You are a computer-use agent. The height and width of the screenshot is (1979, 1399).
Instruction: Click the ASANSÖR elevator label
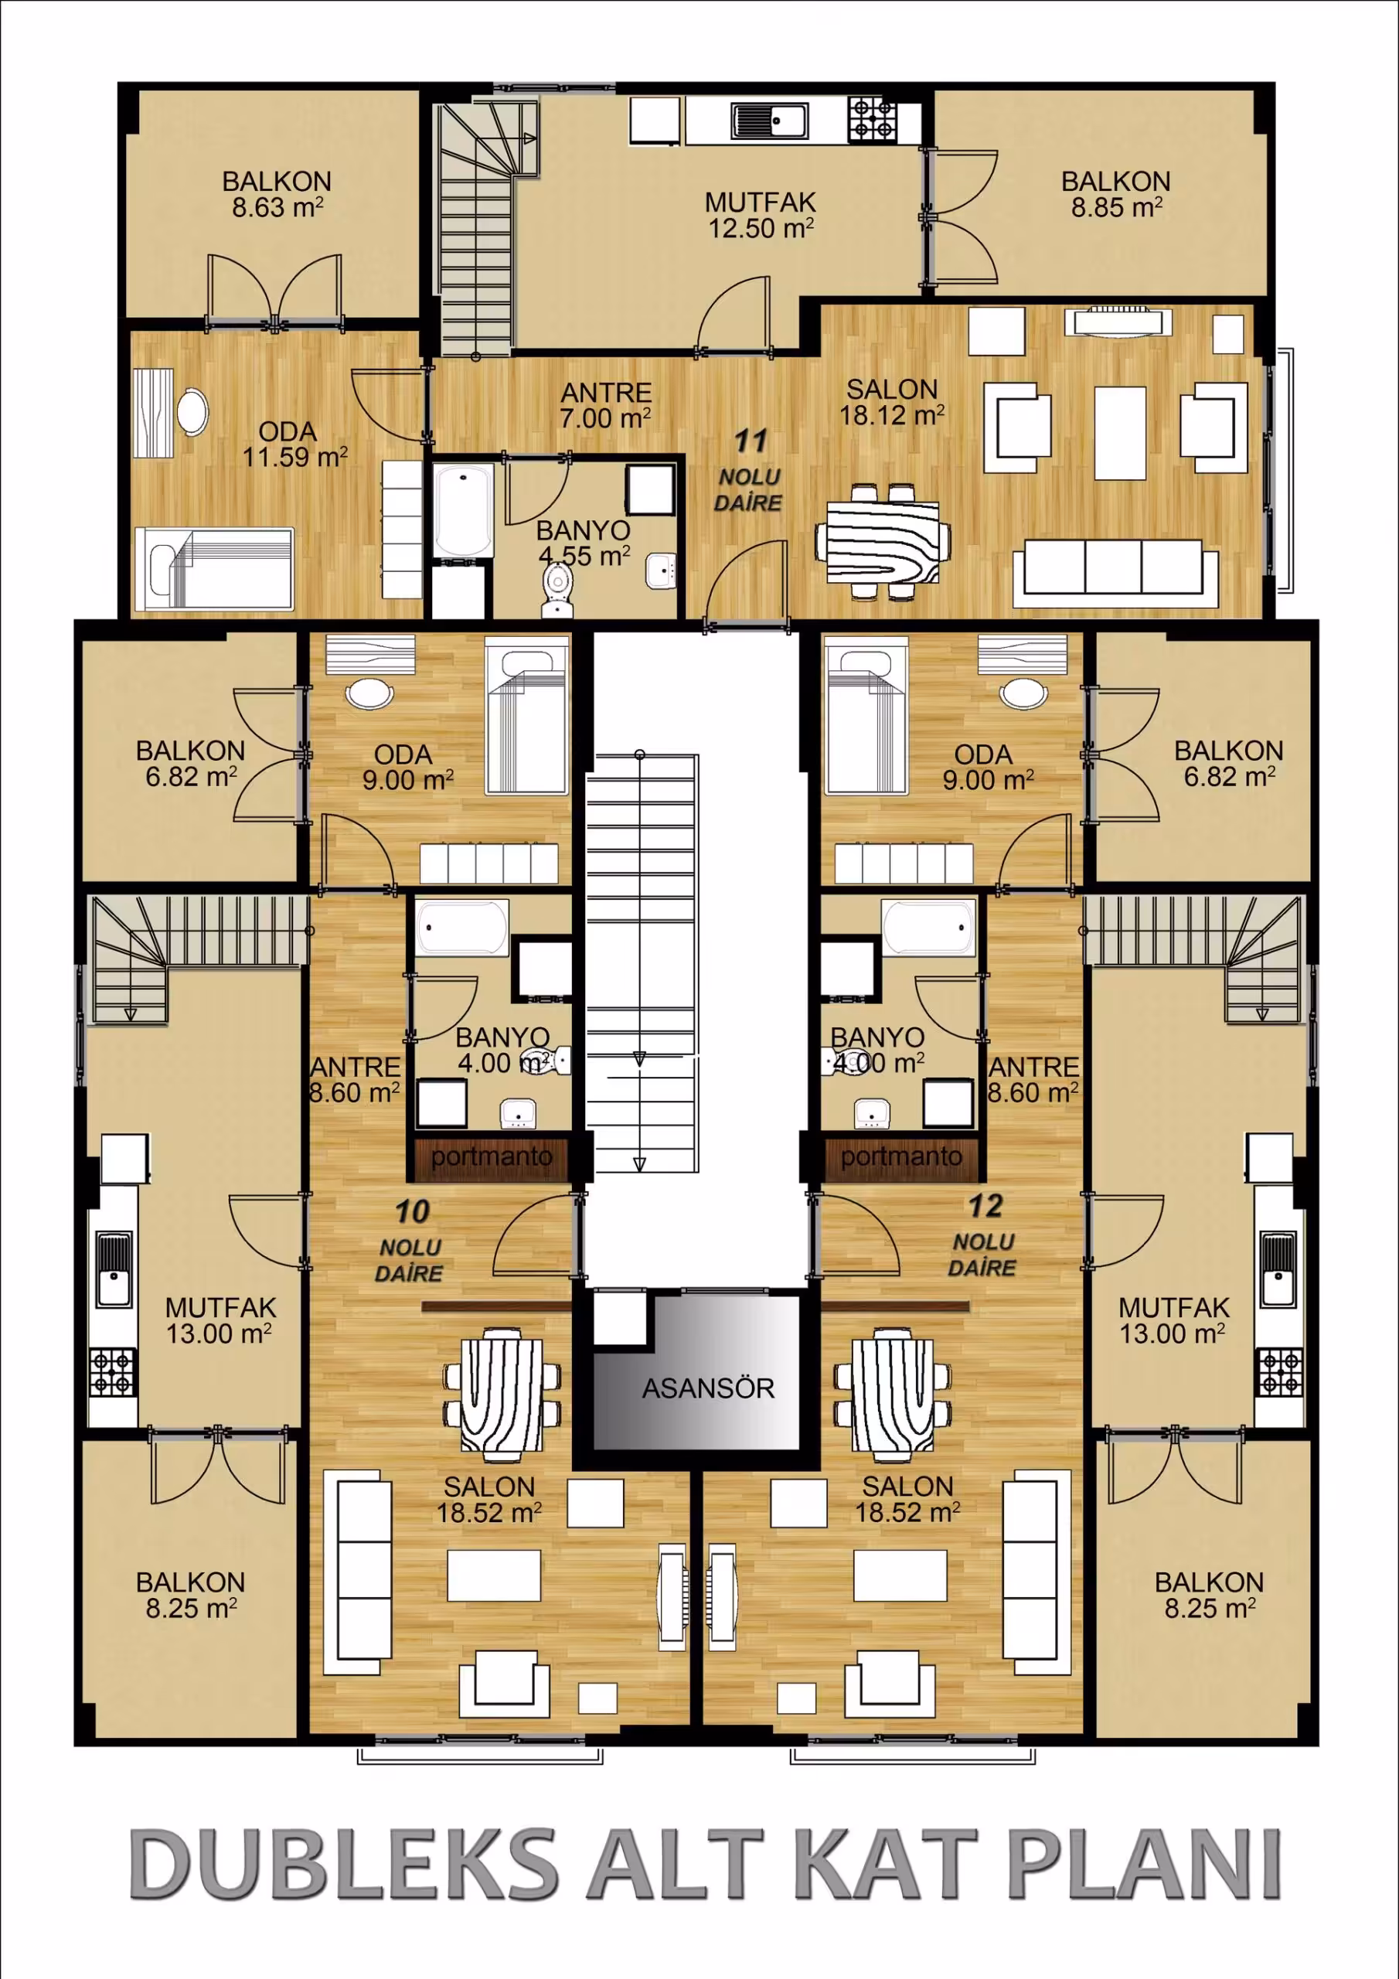pos(708,1388)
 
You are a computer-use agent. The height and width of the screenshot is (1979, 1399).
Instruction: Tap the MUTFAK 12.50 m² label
pos(761,216)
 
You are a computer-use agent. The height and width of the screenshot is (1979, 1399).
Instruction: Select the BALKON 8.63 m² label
pos(277,194)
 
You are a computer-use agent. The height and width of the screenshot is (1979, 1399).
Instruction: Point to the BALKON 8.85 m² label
pos(1116,194)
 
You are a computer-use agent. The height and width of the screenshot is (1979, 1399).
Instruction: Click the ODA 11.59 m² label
pos(294,444)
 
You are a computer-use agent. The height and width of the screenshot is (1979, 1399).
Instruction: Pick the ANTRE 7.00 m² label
pos(605,405)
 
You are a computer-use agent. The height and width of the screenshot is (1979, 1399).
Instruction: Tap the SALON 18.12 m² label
pos(892,402)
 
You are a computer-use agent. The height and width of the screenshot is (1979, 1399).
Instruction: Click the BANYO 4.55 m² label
pos(584,543)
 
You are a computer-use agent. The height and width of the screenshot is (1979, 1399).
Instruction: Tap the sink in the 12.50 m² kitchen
pos(769,120)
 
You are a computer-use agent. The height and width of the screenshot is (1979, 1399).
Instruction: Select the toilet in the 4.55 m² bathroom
pos(557,591)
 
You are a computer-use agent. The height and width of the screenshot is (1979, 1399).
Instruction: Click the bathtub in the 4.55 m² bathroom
pos(463,510)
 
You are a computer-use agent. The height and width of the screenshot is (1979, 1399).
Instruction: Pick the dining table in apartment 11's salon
pos(883,541)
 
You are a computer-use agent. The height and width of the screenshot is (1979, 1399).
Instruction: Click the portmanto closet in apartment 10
pos(492,1156)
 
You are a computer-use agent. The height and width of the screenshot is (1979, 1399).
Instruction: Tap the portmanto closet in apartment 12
pos(900,1156)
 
